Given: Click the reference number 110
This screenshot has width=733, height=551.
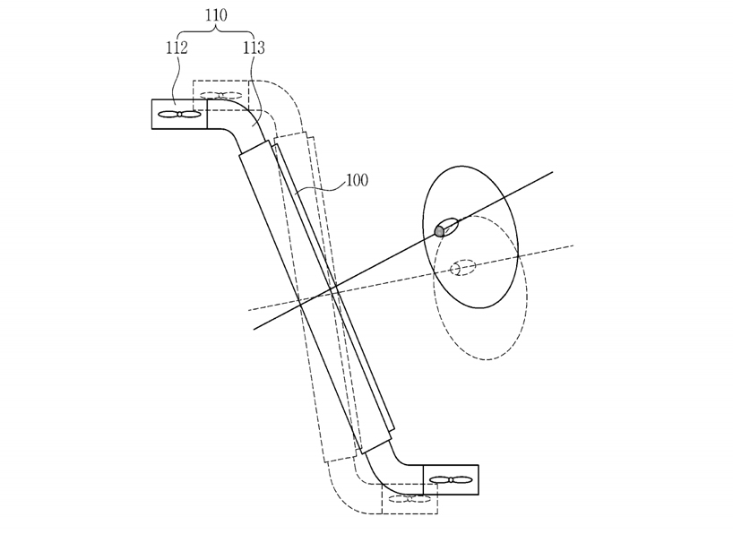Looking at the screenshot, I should pyautogui.click(x=215, y=15).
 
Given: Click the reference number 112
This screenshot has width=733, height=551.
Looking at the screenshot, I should pyautogui.click(x=177, y=48).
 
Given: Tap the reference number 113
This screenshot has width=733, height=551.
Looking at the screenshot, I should pyautogui.click(x=254, y=48).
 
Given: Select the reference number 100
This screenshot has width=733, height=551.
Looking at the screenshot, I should pyautogui.click(x=356, y=181).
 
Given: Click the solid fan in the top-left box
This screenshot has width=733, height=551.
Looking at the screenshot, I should pyautogui.click(x=179, y=114).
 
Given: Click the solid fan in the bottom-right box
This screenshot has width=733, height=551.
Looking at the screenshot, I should pyautogui.click(x=450, y=480).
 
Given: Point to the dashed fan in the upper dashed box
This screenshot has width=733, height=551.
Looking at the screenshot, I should pyautogui.click(x=221, y=94).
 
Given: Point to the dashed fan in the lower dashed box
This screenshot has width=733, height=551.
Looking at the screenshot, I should pyautogui.click(x=410, y=499).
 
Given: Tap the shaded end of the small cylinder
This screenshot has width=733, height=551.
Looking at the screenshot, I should pyautogui.click(x=439, y=231).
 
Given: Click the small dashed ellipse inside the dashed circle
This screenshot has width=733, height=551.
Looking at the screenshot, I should pyautogui.click(x=463, y=268).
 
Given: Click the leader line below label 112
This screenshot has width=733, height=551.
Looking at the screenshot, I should pyautogui.click(x=177, y=81).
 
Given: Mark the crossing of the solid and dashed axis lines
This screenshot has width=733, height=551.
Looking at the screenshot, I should pyautogui.click(x=334, y=289).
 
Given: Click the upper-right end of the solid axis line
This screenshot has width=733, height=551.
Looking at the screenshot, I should pyautogui.click(x=552, y=171).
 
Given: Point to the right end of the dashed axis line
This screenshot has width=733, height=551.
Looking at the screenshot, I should pyautogui.click(x=573, y=245).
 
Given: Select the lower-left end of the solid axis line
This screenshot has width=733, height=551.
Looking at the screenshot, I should pyautogui.click(x=254, y=329).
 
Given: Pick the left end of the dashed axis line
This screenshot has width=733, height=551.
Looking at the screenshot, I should pyautogui.click(x=248, y=310).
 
